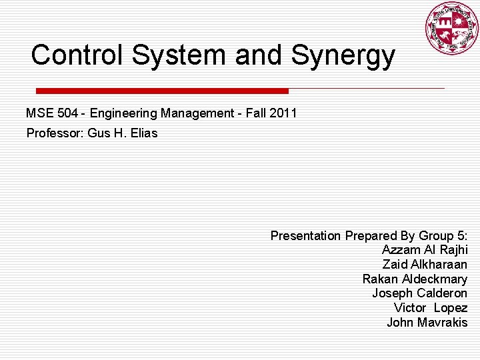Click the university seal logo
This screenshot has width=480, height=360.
pyautogui.click(x=452, y=28)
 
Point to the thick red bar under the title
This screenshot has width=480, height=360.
pyautogui.click(x=162, y=91)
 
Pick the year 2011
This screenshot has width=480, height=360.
pyautogui.click(x=283, y=113)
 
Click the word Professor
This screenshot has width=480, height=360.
pyautogui.click(x=54, y=133)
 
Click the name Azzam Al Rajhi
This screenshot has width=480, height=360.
pyautogui.click(x=425, y=250)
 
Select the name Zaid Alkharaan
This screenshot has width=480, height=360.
pyautogui.click(x=425, y=265)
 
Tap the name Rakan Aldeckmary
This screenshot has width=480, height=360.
pyautogui.click(x=415, y=279)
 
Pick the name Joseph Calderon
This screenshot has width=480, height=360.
pyautogui.click(x=419, y=293)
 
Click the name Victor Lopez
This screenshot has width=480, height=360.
pyautogui.click(x=430, y=308)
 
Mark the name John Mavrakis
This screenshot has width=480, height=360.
pyautogui.click(x=427, y=323)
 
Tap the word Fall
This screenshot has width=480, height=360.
pyautogui.click(x=256, y=113)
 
